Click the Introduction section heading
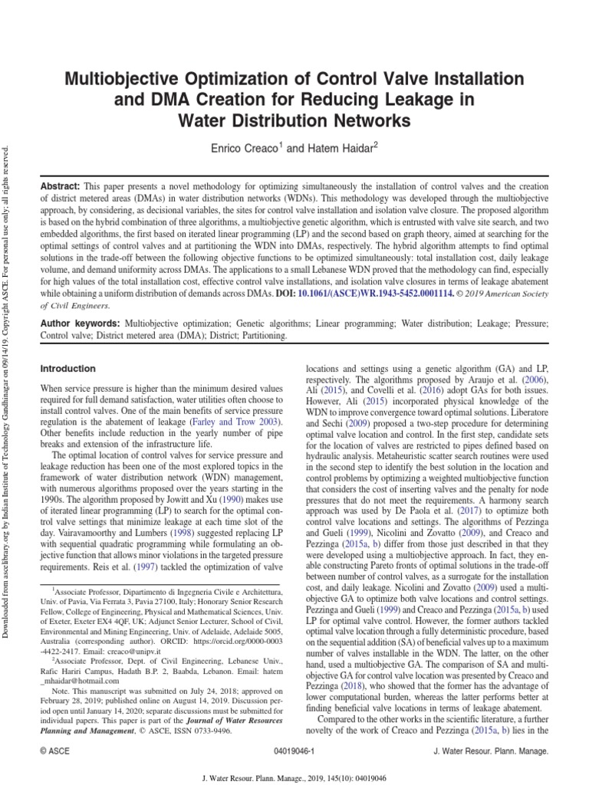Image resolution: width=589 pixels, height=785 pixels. click(68, 369)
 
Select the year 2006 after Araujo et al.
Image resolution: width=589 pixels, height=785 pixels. click(535, 379)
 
